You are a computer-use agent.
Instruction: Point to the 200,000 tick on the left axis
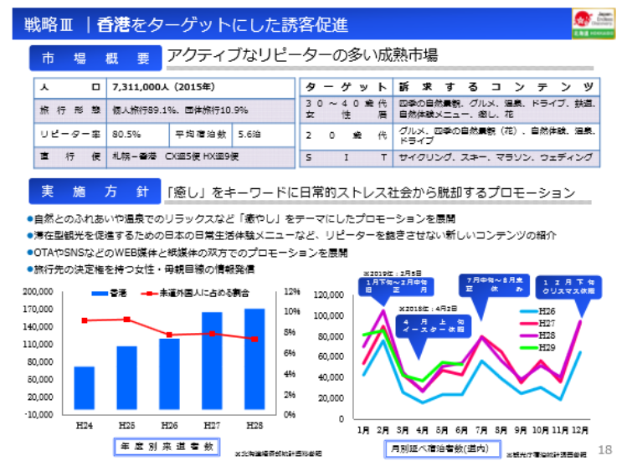pos(39,292)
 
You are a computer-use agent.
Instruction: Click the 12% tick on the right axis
pos(292,292)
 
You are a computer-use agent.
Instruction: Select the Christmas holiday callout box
pos(567,284)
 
